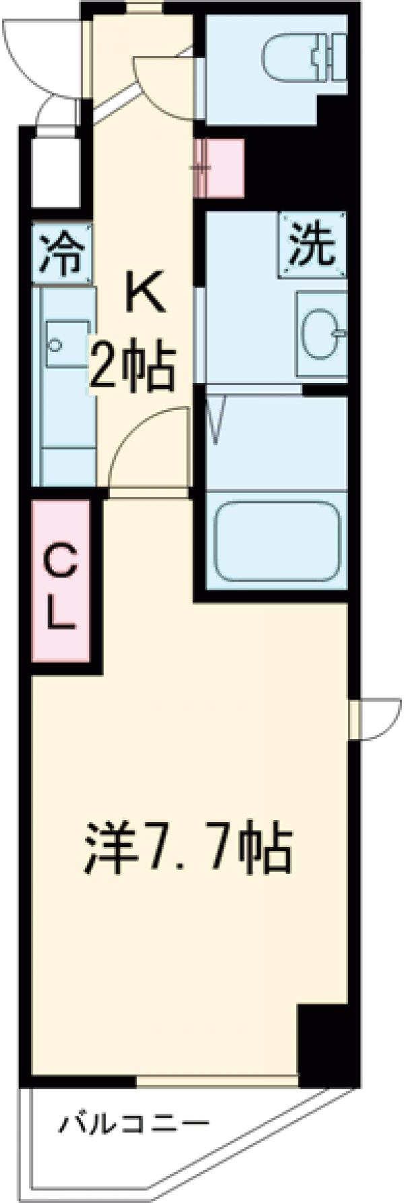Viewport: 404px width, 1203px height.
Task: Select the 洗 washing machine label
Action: point(312,244)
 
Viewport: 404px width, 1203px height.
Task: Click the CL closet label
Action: point(60,586)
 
